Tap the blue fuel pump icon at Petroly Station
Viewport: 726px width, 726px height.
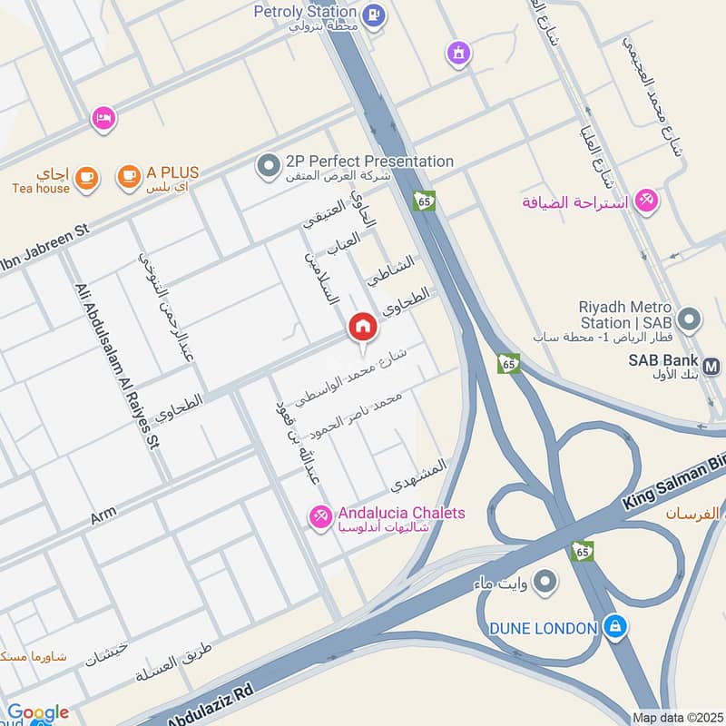(x=372, y=15)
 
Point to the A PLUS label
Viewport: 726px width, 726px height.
(x=172, y=172)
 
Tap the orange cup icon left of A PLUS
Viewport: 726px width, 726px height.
(x=130, y=177)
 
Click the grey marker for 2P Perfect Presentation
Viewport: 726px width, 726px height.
(x=268, y=166)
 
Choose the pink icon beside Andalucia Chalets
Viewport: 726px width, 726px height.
(x=319, y=517)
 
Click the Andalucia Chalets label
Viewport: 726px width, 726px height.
(x=402, y=514)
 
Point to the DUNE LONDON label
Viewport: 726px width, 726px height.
(x=544, y=628)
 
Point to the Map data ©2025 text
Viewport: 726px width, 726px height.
(x=676, y=717)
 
